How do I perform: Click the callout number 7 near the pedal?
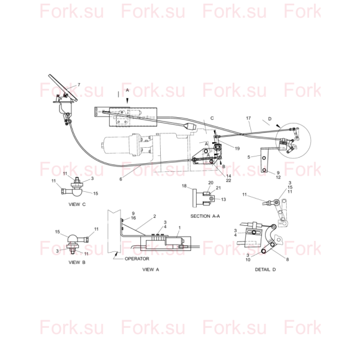point(79,84)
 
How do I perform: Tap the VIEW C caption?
point(77,204)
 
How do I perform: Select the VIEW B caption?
point(77,262)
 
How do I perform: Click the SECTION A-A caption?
point(205,216)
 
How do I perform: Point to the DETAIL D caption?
point(266,269)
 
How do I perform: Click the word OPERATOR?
point(137,259)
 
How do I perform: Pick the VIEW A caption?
point(151,269)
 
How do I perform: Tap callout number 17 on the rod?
point(248,118)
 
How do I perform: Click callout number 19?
point(237,148)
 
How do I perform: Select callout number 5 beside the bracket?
point(249,157)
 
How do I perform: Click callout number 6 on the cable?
point(121,179)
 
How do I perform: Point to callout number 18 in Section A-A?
point(184,186)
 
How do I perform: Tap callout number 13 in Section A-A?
point(223,199)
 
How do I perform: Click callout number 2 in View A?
point(155,216)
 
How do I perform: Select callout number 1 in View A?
point(179,228)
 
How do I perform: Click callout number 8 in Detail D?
point(287,259)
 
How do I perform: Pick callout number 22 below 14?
point(228,180)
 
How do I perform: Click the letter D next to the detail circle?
point(270,119)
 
